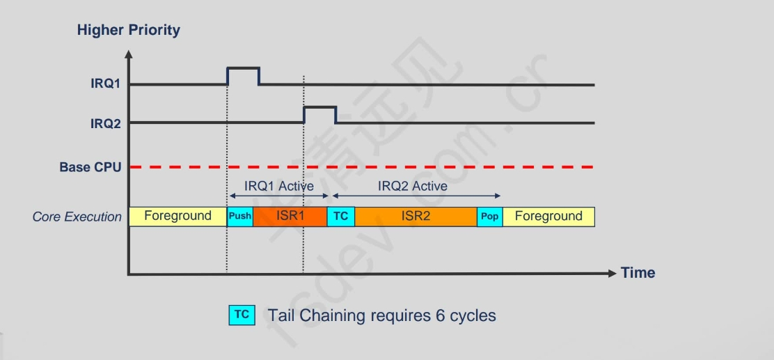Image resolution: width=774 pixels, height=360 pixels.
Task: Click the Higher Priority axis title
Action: point(128,30)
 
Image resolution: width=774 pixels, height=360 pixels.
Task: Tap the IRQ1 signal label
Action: point(106,84)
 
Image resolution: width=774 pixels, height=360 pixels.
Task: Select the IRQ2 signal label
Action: point(106,123)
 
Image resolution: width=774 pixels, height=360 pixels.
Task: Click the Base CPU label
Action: point(90,167)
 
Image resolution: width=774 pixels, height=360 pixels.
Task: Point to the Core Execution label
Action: point(77,217)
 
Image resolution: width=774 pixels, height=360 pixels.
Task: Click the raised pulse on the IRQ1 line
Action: point(243,69)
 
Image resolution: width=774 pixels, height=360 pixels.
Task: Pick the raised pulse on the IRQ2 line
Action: point(319,108)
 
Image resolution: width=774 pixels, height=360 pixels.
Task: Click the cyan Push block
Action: point(240,217)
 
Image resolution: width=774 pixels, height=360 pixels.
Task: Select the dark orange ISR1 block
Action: point(290,217)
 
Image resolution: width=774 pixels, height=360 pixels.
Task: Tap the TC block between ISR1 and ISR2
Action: point(340,217)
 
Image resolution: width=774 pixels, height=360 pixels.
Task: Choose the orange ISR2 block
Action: point(416,217)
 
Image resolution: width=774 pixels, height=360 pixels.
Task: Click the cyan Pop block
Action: point(489,217)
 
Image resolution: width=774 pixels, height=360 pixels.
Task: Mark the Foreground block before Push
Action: point(177,217)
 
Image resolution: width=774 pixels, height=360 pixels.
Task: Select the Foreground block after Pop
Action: point(548,217)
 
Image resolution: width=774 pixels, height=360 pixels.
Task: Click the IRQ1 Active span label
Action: point(279,187)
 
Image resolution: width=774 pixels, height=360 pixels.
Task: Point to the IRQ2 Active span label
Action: point(413,187)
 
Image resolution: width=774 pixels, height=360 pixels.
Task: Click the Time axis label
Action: point(638,273)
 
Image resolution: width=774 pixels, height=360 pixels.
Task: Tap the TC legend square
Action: point(242,315)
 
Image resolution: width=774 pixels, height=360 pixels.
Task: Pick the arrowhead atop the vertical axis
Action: point(128,53)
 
